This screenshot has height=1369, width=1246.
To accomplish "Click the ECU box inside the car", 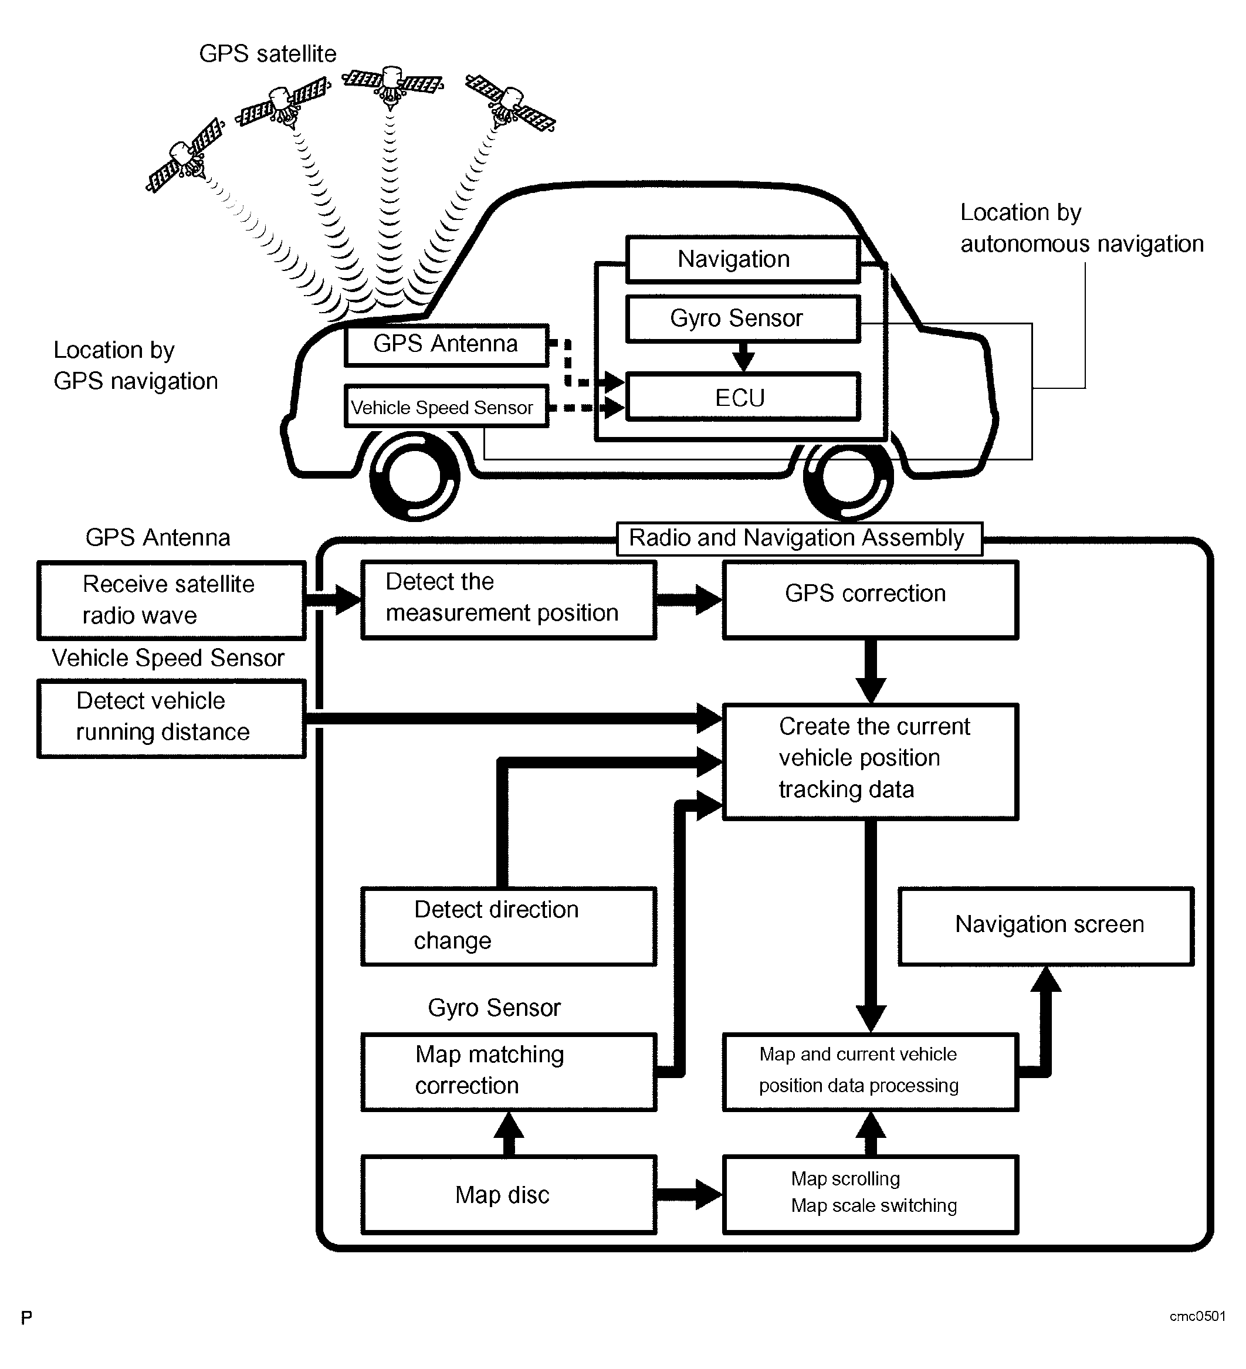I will (x=742, y=397).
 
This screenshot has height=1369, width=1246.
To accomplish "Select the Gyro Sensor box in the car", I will (x=742, y=318).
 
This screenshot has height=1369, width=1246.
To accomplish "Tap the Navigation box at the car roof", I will (x=742, y=259).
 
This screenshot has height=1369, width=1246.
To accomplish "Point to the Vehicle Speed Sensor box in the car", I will (x=445, y=406).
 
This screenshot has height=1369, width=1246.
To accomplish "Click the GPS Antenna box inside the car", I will (x=445, y=345).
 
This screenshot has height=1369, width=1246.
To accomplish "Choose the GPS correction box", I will (x=870, y=599).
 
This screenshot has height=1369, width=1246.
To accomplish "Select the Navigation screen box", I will (x=1046, y=926).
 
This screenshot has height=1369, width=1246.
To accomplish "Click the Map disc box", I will (x=508, y=1194).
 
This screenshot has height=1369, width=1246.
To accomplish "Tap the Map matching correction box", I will (x=508, y=1072).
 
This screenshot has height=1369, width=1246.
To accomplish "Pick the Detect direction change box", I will (x=508, y=926).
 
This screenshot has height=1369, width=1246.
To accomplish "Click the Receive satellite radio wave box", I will (x=171, y=600).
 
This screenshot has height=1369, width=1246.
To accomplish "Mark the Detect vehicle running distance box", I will (x=171, y=718).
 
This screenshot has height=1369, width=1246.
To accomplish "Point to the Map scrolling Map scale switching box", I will (x=870, y=1194).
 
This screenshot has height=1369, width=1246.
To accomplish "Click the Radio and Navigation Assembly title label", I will (x=798, y=538).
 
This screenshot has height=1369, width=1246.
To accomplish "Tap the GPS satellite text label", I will (x=268, y=53).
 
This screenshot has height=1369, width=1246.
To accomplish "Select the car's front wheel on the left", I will (x=414, y=475).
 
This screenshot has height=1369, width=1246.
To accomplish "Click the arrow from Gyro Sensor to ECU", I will (x=743, y=356).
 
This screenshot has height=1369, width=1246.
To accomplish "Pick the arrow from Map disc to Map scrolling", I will (x=689, y=1194).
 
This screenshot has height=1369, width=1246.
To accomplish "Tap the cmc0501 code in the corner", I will (x=1197, y=1316).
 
